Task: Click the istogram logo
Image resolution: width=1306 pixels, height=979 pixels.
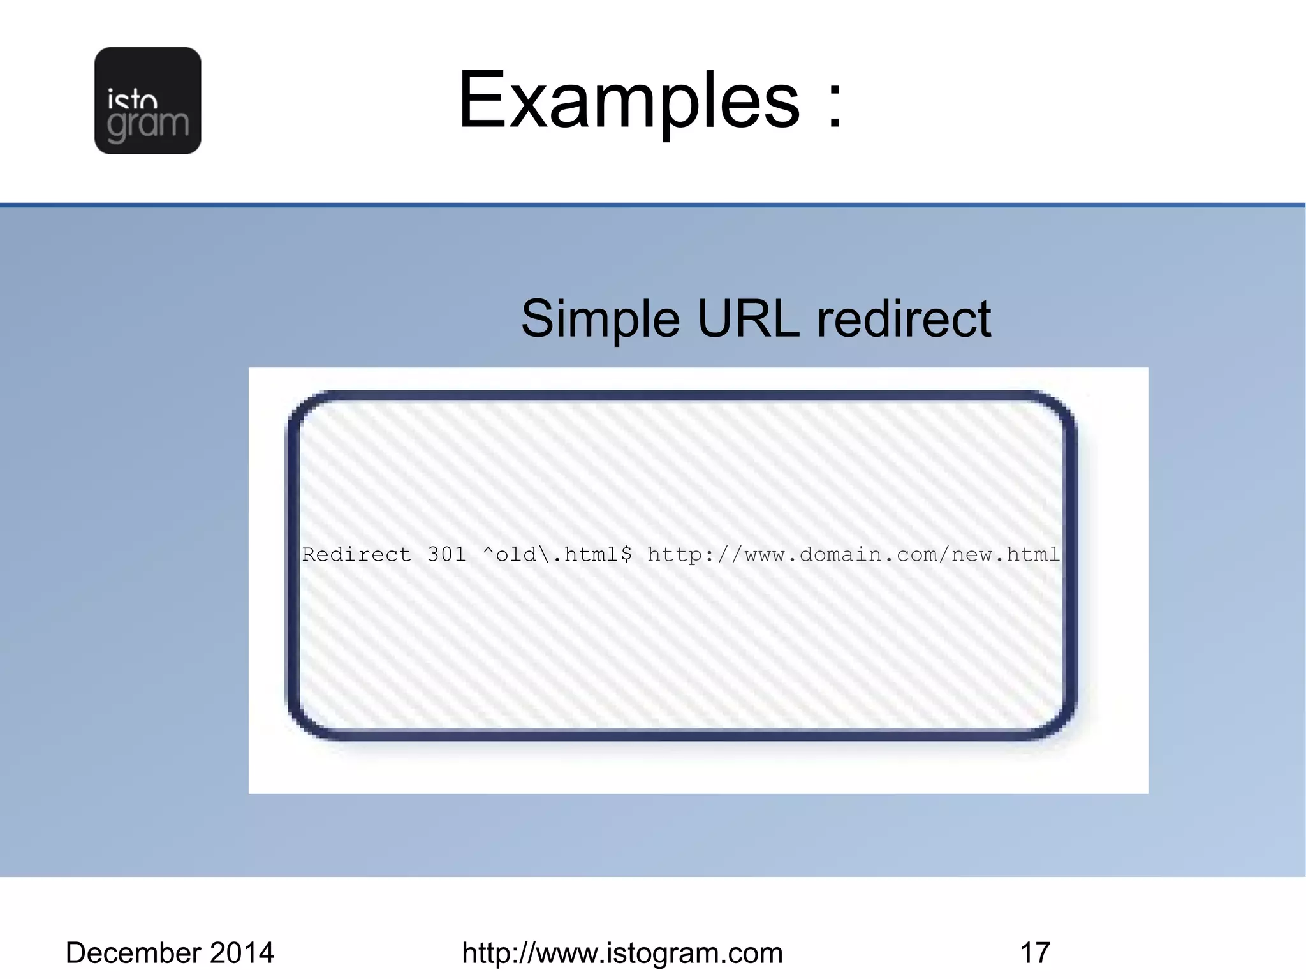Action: tap(147, 100)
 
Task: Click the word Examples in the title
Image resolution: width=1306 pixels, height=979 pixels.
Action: tap(628, 101)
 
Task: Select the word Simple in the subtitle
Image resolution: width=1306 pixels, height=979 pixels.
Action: tap(600, 319)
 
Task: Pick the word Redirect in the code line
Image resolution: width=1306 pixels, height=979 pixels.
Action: tap(356, 554)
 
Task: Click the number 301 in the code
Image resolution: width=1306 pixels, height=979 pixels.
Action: tap(446, 554)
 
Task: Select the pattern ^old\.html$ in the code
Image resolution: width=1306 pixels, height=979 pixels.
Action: tap(557, 554)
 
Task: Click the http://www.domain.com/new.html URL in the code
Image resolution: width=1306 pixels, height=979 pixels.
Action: tap(853, 554)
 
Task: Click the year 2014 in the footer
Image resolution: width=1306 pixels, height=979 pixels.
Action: tap(242, 953)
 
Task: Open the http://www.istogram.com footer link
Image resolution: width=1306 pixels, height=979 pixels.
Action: tap(622, 953)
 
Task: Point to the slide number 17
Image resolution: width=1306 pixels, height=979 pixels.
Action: tap(1035, 953)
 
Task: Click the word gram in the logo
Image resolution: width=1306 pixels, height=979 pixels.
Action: tap(148, 124)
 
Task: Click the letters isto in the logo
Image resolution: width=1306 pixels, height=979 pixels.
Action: tap(133, 101)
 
